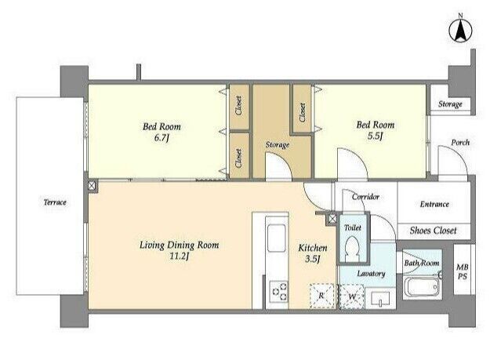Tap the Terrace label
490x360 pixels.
[x=55, y=202]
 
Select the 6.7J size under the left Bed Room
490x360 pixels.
[x=162, y=137]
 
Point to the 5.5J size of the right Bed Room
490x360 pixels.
[x=375, y=136]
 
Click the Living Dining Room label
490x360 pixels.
[x=179, y=245]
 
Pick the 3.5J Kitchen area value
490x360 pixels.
[x=312, y=259]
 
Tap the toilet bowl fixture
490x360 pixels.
[x=352, y=248]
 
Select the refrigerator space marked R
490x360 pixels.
[x=321, y=296]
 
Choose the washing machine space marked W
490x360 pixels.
[x=351, y=296]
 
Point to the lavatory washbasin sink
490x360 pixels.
[x=380, y=299]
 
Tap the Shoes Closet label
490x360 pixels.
[x=433, y=231]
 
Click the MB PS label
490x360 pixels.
[x=463, y=271]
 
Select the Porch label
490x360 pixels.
[x=460, y=143]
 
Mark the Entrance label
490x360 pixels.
[x=434, y=204]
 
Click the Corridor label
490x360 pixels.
[x=365, y=197]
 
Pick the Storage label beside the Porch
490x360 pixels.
[x=450, y=104]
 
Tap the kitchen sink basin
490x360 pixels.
[x=277, y=238]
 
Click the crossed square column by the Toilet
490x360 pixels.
[x=332, y=219]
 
